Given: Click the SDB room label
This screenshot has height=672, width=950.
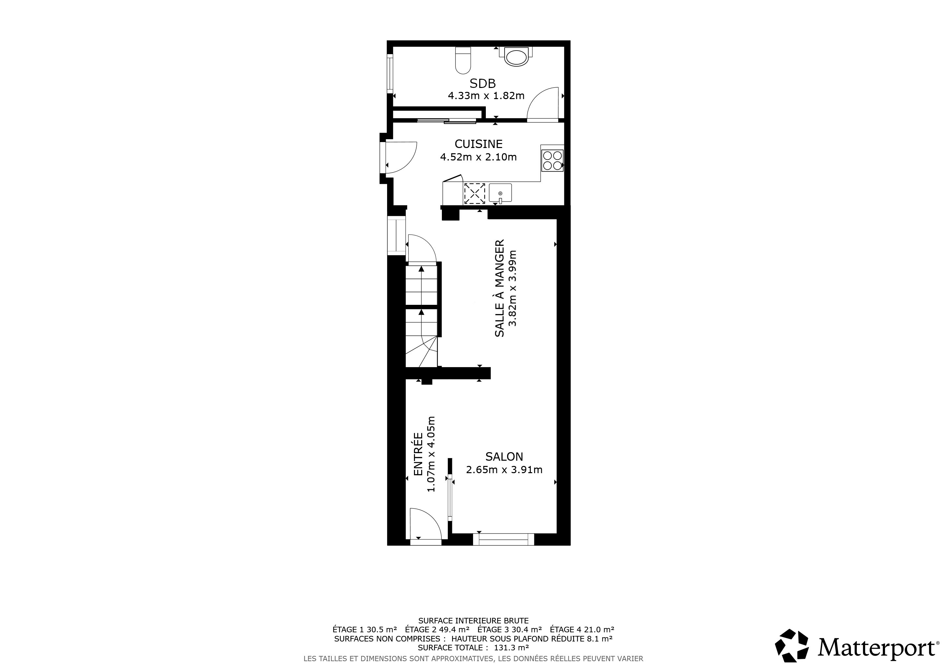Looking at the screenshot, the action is tap(483, 84).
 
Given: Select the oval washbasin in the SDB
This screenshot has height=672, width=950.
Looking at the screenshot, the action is tap(516, 57).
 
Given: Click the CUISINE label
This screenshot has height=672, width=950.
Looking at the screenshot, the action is tap(478, 144).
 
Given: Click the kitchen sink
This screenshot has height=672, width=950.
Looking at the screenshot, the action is tap(500, 193).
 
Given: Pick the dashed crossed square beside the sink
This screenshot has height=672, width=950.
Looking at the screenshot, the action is tap(475, 193).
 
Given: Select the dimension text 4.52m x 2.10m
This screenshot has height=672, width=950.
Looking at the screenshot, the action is tap(478, 157).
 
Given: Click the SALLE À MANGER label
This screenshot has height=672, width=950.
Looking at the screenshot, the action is tap(500, 288).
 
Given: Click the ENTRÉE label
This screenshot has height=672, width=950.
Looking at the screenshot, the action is tap(418, 454).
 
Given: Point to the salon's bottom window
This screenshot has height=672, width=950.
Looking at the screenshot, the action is tap(504, 539).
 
